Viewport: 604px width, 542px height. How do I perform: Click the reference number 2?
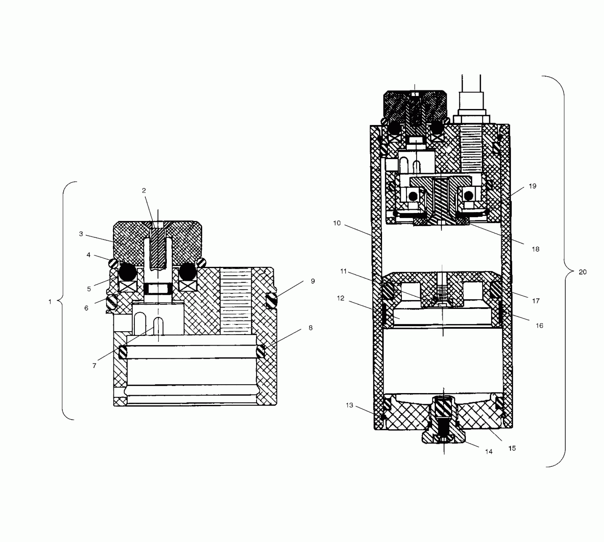pyautogui.click(x=144, y=191)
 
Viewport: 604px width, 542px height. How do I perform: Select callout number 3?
pyautogui.click(x=81, y=234)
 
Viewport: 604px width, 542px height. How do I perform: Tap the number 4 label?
pyautogui.click(x=89, y=255)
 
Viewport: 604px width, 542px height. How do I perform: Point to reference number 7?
pyautogui.click(x=94, y=366)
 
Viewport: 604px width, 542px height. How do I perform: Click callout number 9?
pyautogui.click(x=313, y=281)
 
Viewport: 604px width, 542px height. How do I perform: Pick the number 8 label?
pyautogui.click(x=311, y=328)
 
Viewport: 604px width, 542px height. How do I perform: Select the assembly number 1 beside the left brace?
pyautogui.click(x=50, y=302)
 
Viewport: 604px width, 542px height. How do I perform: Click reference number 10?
pyautogui.click(x=337, y=223)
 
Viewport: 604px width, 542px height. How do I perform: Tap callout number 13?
pyautogui.click(x=350, y=405)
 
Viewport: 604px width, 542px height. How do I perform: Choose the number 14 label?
pyautogui.click(x=489, y=451)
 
